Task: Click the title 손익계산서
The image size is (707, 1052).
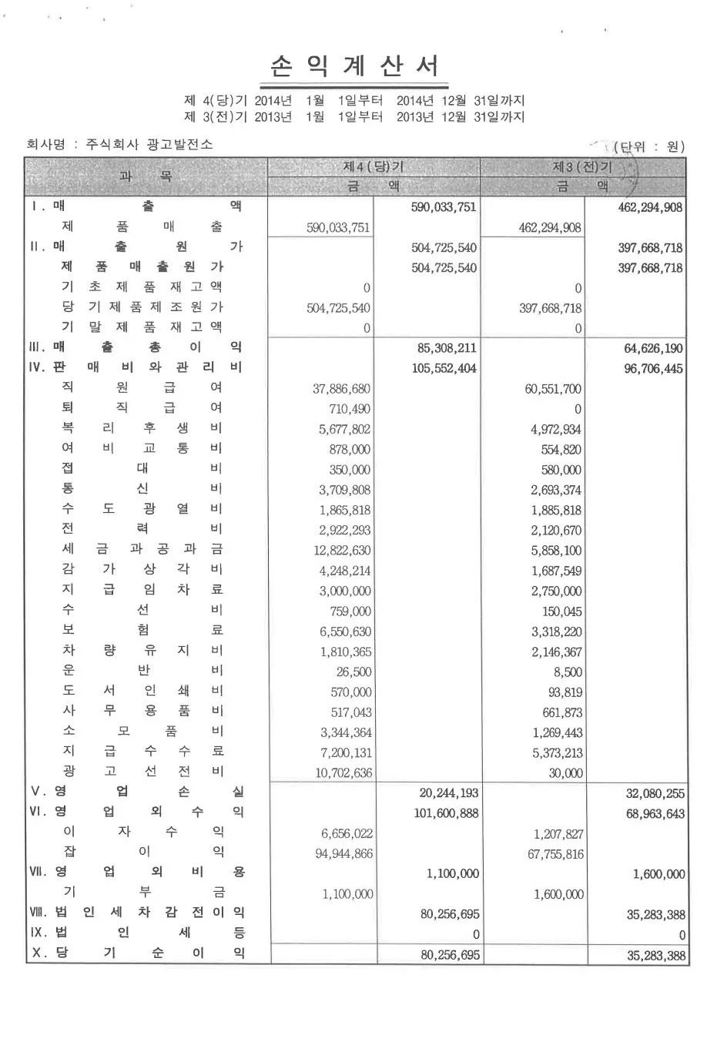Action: [355, 67]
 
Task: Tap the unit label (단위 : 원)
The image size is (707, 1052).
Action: [648, 146]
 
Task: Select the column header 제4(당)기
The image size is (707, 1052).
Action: [374, 167]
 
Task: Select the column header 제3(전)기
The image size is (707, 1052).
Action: [583, 167]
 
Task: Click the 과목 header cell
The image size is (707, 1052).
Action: [146, 176]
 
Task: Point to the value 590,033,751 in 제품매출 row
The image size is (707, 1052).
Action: [338, 228]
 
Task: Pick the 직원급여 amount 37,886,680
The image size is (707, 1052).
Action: [341, 389]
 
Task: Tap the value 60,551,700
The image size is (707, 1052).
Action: [553, 389]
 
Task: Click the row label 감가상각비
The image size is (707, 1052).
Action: [142, 569]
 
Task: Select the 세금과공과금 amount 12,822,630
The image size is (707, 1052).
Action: [341, 551]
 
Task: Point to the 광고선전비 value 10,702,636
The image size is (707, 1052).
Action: [343, 773]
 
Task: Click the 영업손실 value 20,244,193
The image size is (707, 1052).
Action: [448, 793]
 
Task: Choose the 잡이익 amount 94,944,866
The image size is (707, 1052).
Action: [343, 854]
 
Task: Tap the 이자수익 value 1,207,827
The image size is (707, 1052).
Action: [558, 834]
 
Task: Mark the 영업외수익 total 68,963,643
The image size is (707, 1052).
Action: [655, 814]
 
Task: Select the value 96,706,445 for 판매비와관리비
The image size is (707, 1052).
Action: [653, 369]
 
